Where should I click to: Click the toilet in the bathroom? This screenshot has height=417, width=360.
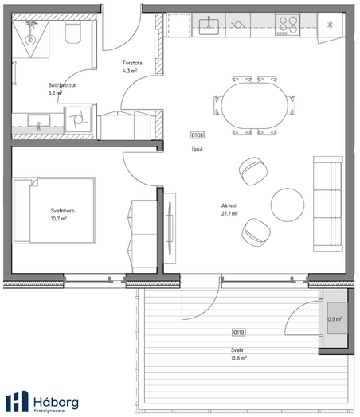tap(73, 32)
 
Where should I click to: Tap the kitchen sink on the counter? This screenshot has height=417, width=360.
tap(209, 26)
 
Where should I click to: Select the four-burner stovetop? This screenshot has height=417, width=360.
tap(288, 25)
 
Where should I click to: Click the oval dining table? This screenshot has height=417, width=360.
tap(255, 106)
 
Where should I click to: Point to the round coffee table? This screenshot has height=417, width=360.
tap(288, 205)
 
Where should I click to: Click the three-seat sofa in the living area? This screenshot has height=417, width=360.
tap(328, 204)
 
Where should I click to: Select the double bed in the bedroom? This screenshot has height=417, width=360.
tap(53, 210)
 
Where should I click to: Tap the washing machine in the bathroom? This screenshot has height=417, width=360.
tap(78, 119)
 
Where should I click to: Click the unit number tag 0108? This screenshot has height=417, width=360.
tap(198, 135)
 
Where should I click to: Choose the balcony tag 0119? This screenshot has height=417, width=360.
tap(238, 333)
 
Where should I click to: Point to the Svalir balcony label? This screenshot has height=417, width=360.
tap(237, 350)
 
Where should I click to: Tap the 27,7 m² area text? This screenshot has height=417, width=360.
tap(229, 213)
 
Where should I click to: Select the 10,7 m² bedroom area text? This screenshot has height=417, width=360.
tap(58, 219)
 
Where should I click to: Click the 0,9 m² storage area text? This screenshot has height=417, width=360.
tap(335, 318)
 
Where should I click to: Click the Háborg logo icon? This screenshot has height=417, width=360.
tap(17, 402)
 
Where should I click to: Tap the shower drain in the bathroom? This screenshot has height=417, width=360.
tap(30, 40)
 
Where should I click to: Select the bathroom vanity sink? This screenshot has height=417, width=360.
tap(39, 120)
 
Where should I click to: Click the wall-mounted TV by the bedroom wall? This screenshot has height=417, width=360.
tap(169, 228)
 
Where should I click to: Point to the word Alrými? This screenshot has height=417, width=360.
tap(229, 205)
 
